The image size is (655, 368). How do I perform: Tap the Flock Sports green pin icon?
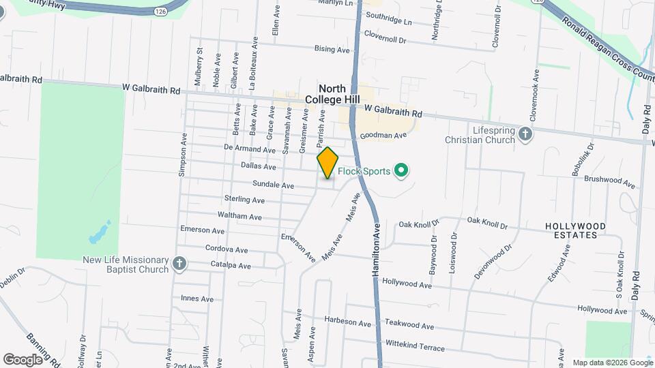coord(402,170)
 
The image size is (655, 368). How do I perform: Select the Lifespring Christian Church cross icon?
coord(525,134)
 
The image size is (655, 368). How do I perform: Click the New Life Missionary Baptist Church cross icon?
coord(179,264)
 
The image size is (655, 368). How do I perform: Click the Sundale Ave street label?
coord(273,185)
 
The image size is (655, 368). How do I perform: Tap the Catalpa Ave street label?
coord(231,266)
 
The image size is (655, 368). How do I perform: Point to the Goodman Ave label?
coord(383,136)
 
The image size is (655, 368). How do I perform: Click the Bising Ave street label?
coord(332,49)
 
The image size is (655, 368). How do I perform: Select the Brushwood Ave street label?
coord(610,181)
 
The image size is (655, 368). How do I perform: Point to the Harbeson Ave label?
coord(347,322)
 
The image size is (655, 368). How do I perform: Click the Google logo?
coord(23,358)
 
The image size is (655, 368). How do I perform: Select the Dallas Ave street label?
coord(259,166)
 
